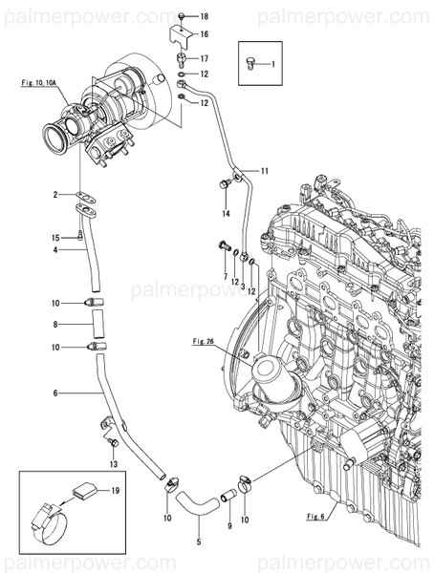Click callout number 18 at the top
(x=205, y=17)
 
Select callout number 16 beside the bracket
(x=205, y=33)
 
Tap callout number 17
(x=205, y=58)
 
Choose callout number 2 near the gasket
(x=56, y=195)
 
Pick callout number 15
(x=55, y=237)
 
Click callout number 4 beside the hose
(x=56, y=251)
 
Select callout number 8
(x=56, y=325)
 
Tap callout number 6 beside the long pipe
(x=56, y=393)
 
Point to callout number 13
(x=113, y=463)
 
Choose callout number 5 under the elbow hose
(x=199, y=542)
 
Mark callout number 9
(x=229, y=525)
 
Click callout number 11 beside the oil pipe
(x=265, y=171)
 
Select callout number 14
(x=228, y=211)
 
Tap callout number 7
(x=225, y=276)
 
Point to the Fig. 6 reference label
(x=316, y=517)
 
